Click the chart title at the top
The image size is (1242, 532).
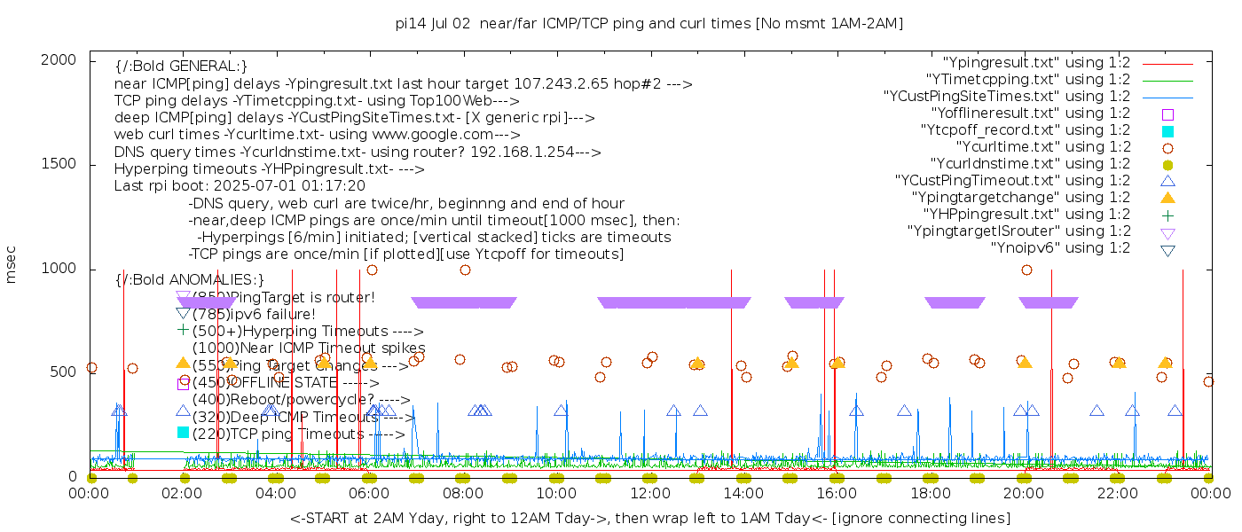click(649, 24)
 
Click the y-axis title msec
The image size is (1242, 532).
click(12, 264)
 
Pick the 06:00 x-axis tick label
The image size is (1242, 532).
click(370, 493)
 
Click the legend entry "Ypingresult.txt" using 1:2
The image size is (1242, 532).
click(1036, 63)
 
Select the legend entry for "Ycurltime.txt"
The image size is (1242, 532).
click(1042, 147)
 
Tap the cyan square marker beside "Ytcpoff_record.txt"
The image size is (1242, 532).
click(1167, 130)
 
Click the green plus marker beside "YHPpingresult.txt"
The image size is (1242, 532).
click(1167, 215)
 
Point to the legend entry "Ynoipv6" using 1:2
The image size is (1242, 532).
click(1060, 248)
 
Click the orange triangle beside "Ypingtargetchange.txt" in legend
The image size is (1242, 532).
click(1167, 198)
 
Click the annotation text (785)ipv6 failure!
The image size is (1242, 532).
click(254, 314)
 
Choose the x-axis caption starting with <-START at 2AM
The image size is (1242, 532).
click(649, 518)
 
